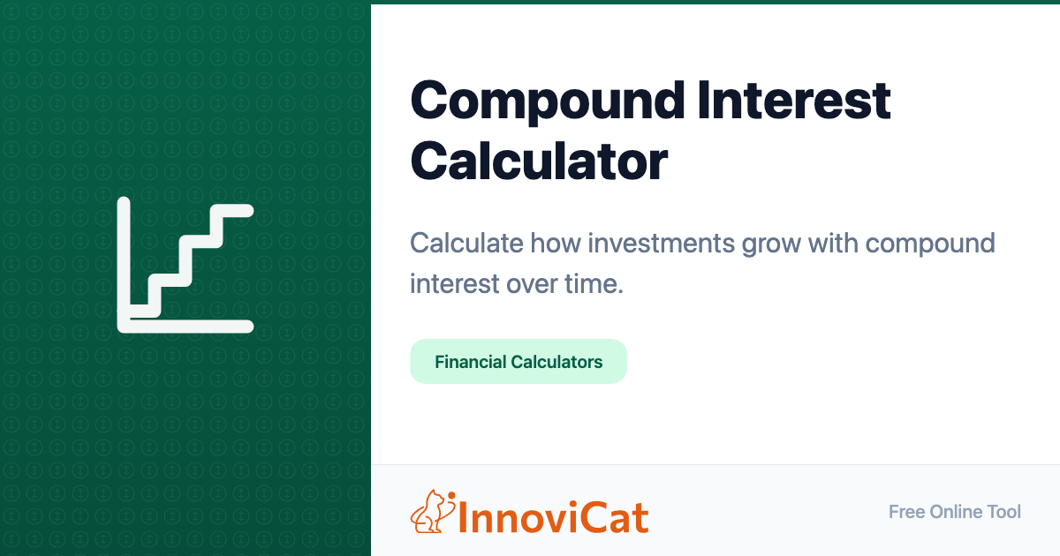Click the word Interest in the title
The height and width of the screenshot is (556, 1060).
click(x=794, y=101)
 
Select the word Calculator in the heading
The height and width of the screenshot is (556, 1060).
click(x=539, y=161)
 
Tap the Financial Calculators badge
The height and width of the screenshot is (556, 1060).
click(x=519, y=361)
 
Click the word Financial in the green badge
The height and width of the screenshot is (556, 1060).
click(x=471, y=362)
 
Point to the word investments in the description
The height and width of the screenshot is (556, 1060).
click(x=662, y=243)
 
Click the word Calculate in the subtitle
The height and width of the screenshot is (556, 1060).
click(x=466, y=243)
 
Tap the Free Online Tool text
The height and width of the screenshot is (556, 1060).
click(x=955, y=512)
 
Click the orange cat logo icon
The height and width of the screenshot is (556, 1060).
click(x=433, y=512)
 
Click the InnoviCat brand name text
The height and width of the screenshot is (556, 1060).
click(x=553, y=518)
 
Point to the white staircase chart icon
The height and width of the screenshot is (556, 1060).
click(x=185, y=265)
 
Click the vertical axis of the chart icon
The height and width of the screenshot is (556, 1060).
click(x=124, y=265)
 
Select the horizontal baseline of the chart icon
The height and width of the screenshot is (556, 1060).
click(x=185, y=327)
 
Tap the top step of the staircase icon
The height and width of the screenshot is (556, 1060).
click(x=231, y=211)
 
